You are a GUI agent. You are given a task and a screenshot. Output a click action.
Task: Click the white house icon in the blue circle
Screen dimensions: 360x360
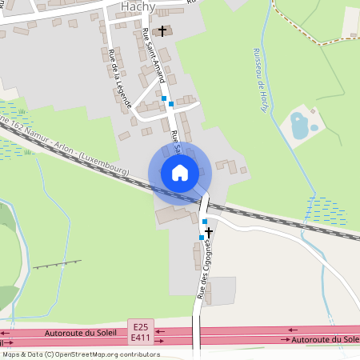[x=179, y=172]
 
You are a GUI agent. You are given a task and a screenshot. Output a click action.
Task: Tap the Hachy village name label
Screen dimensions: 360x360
[x=138, y=6]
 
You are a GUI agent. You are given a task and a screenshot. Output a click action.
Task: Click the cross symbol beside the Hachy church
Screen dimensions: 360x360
[x=162, y=31]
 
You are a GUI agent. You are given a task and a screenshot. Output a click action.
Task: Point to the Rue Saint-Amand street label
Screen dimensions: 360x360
[x=153, y=56]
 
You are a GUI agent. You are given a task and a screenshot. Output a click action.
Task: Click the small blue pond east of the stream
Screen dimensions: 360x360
[x=299, y=126]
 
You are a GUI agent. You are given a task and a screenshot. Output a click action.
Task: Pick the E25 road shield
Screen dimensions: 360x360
[x=142, y=326]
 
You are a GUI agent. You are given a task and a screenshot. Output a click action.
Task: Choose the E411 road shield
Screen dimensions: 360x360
[x=142, y=338]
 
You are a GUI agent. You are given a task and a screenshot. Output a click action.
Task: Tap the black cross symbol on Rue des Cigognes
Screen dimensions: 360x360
[x=209, y=231]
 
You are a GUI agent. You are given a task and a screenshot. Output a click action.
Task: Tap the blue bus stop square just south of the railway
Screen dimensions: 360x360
[x=205, y=221]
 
